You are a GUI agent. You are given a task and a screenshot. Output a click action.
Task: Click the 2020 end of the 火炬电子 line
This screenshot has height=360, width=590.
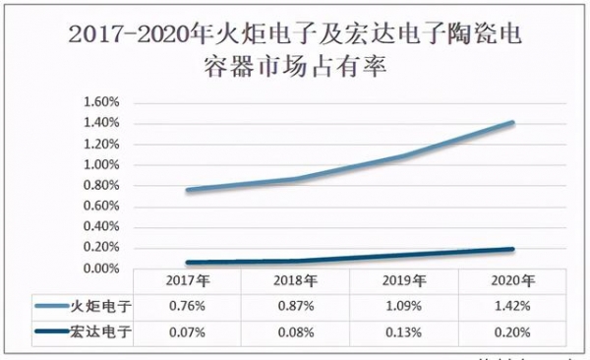(511, 123)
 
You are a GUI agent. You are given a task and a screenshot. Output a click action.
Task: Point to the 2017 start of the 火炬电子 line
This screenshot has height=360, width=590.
(187, 190)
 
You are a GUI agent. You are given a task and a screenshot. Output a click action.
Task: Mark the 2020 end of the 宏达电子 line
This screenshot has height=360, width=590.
(511, 250)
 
